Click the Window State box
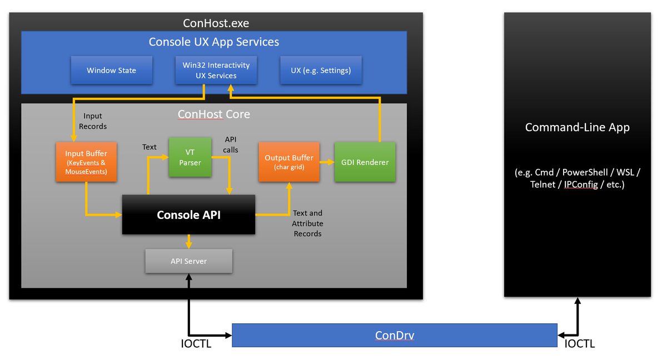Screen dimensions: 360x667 tap(111, 71)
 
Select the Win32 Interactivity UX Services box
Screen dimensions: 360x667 tap(216, 71)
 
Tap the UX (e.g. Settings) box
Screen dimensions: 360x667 tap(321, 71)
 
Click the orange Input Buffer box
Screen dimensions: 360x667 tap(86, 162)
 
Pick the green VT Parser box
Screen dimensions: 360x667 tap(190, 157)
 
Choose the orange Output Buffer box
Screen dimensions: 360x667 tap(288, 162)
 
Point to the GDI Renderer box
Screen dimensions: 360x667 tap(365, 162)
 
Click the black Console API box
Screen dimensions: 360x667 tap(188, 214)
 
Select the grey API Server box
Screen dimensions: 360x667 tap(188, 261)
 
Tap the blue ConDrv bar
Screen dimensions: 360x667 tap(394, 336)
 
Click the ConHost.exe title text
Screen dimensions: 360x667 tap(216, 23)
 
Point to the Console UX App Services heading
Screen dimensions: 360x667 tap(214, 42)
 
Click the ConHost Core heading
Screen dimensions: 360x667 tap(214, 114)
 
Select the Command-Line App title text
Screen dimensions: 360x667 tap(577, 128)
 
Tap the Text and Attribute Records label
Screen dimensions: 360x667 tap(307, 223)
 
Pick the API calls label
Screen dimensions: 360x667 tap(231, 144)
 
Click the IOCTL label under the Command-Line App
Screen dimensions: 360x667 tap(580, 344)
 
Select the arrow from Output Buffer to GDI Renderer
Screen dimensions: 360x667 tap(327, 162)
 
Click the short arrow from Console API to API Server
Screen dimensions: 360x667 tap(189, 241)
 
